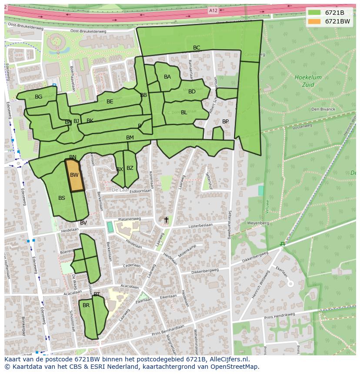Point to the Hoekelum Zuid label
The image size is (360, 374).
coord(308,81)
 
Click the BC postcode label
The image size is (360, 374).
coord(197,48)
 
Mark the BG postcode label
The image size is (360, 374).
coord(39,97)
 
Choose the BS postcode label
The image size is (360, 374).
coord(62,198)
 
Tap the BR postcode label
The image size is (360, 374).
coord(86,305)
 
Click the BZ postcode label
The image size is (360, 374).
coord(130,168)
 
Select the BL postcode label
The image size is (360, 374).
coord(184,113)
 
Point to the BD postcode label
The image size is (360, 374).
coord(192,92)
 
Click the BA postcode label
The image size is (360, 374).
coord(167,77)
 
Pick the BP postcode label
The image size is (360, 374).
coord(225,122)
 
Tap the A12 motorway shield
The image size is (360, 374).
coord(213,10)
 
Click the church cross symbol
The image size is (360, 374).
coord(166,220)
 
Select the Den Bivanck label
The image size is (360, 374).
coord(323,109)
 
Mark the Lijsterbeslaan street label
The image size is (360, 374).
coord(200,226)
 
